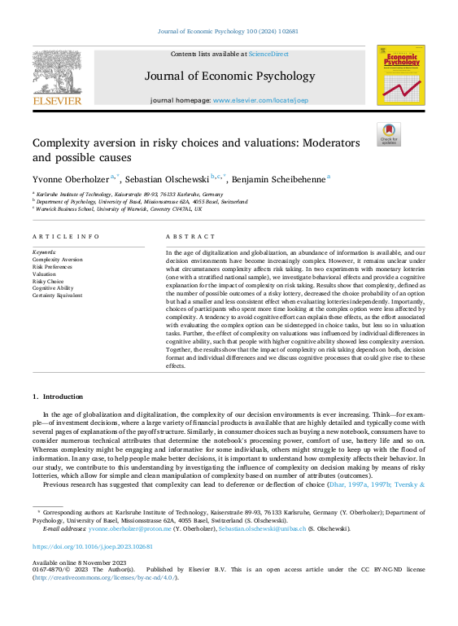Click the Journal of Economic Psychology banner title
pos(229,77)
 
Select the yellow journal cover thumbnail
pos(400,76)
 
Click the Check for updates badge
pos(388,134)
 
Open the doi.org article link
pos(92,547)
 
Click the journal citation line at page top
pos(229,32)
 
